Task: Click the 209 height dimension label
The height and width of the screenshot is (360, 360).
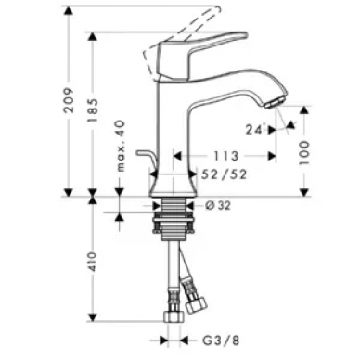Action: pos(69,100)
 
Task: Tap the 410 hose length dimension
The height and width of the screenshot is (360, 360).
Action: pos(92,262)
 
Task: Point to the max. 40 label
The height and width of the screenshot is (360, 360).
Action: pos(121,146)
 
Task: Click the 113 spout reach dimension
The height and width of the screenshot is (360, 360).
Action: pos(225,156)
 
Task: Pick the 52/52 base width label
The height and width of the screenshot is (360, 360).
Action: pos(225,174)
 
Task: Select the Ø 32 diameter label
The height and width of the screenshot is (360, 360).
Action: pos(218,205)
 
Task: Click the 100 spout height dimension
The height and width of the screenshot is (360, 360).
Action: pos(304,152)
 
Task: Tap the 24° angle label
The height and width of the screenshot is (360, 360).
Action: pos(256,129)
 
